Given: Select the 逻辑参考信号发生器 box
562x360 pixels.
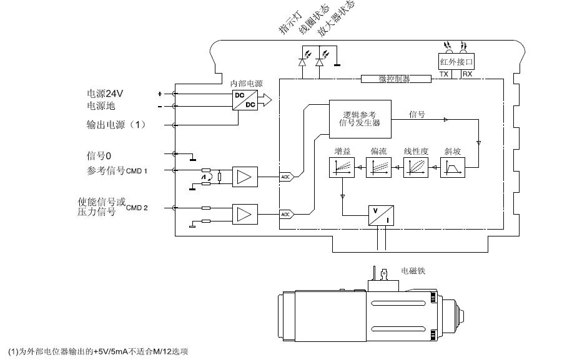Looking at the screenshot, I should point(360,117).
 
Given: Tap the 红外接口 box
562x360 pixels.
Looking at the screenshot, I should point(457,61).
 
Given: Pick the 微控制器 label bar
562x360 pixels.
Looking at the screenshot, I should point(395,79).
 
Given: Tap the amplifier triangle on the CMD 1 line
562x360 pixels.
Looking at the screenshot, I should point(244,177).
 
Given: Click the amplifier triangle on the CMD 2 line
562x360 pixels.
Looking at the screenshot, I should point(244,214).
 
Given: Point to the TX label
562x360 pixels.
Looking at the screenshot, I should point(444,74).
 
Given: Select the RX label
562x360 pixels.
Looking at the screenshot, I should point(467,74).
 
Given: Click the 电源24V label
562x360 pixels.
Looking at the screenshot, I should point(105,94).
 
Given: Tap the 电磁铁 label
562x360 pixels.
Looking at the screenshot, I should point(413,272).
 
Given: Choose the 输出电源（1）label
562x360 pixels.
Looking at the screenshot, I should point(116,125).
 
